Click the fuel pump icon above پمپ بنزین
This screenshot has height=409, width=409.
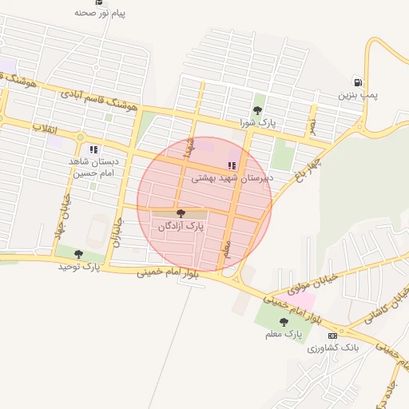pos(356,81)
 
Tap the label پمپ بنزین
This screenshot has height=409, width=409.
pos(356,95)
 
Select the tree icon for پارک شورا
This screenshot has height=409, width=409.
pos(257,110)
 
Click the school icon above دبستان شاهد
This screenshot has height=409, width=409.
pos(93,149)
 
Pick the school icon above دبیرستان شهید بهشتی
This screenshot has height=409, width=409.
pos(232,166)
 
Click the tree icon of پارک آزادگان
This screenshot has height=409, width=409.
pos(181,213)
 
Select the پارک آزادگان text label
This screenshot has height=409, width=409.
pos(181,227)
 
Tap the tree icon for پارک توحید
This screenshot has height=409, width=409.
pos(78,254)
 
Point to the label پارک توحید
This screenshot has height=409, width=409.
pos(78,267)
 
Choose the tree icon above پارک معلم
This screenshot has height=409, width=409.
pos(284,322)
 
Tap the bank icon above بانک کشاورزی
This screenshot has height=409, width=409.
pos(332,336)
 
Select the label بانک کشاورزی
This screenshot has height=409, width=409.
pos(333,348)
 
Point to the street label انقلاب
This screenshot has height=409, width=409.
pos(41,128)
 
